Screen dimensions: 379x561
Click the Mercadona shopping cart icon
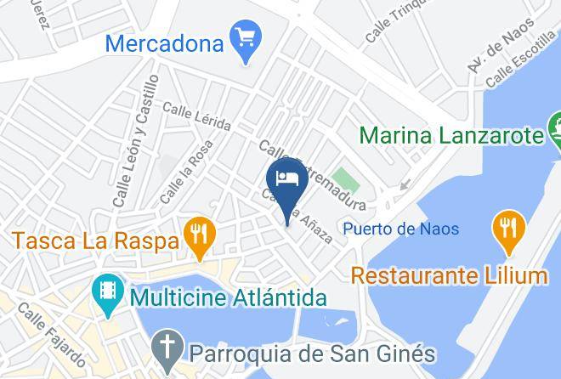click(246, 39)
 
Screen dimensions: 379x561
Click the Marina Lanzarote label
click(450, 136)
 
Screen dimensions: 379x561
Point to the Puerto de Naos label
click(400, 229)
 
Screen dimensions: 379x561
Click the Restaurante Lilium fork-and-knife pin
click(508, 229)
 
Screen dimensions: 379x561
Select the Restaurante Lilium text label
click(449, 275)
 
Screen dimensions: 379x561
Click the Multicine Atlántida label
click(228, 298)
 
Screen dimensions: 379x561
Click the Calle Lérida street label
click(196, 116)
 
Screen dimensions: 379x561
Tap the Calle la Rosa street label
click(185, 173)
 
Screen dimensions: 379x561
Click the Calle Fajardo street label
click(52, 334)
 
